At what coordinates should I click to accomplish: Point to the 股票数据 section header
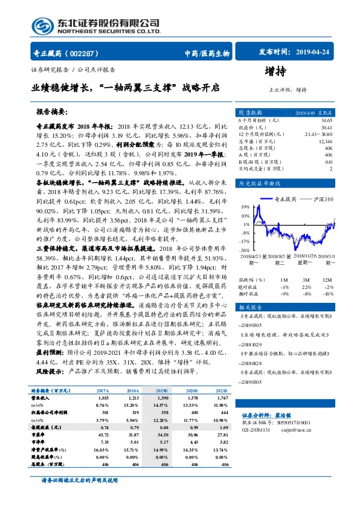point(251,113)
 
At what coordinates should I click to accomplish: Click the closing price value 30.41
point(326,128)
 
